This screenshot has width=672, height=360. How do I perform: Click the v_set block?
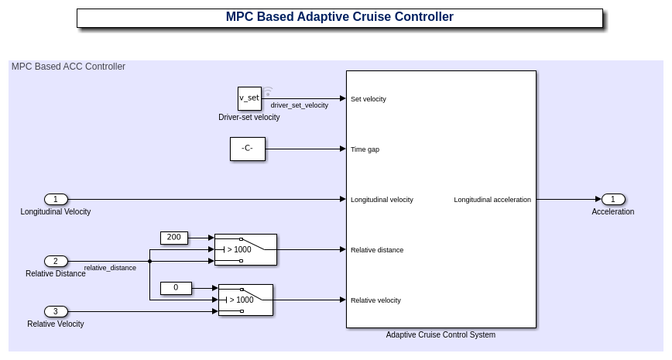click(249, 98)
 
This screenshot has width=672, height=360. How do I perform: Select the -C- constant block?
click(247, 149)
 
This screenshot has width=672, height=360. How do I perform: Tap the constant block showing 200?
click(173, 238)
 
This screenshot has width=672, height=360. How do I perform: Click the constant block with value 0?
click(176, 288)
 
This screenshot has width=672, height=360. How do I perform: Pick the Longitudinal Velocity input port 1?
click(56, 199)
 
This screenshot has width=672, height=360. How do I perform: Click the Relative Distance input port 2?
click(56, 261)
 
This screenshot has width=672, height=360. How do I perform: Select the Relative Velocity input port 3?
click(56, 311)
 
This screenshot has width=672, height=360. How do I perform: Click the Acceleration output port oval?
click(612, 199)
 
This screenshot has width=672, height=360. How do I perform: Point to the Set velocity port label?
click(369, 99)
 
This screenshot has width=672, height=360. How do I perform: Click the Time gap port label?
click(365, 149)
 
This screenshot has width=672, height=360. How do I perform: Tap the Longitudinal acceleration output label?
click(492, 200)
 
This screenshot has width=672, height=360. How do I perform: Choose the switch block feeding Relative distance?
click(245, 249)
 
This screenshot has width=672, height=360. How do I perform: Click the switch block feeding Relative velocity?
click(245, 300)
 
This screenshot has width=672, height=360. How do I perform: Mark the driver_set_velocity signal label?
click(299, 105)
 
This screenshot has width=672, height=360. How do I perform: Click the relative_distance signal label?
click(110, 268)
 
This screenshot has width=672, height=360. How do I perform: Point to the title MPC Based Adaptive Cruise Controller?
click(339, 17)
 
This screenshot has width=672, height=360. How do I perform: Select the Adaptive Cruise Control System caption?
click(441, 335)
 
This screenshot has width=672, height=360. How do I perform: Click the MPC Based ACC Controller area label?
click(68, 67)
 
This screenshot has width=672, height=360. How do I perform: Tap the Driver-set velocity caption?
click(249, 118)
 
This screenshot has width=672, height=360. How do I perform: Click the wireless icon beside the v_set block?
click(268, 92)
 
